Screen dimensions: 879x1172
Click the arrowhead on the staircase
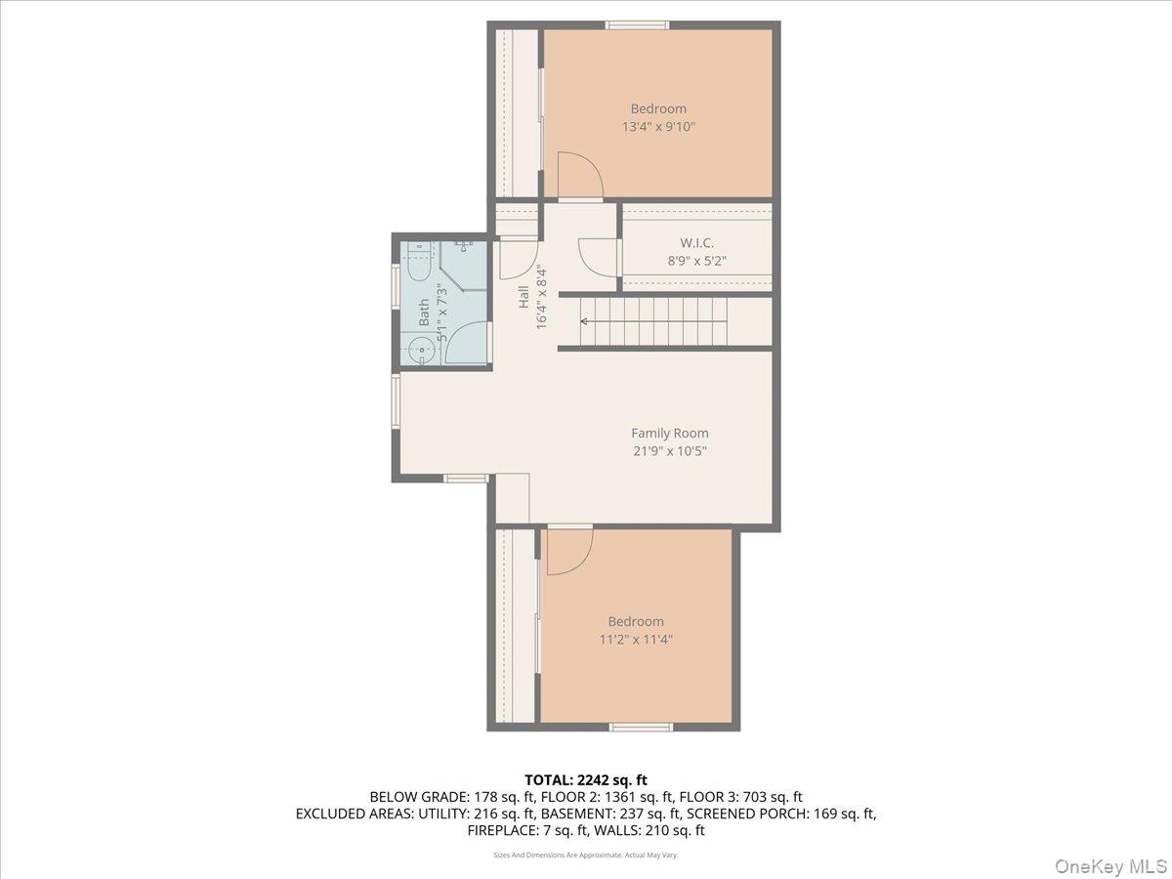pyautogui.click(x=584, y=320)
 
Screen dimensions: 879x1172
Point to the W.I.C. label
pyautogui.click(x=697, y=242)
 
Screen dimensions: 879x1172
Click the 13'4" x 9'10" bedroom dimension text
pyautogui.click(x=658, y=127)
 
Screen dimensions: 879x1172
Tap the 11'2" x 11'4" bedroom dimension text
pyautogui.click(x=636, y=640)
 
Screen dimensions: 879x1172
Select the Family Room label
pyautogui.click(x=669, y=433)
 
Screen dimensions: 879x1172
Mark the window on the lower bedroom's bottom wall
pyautogui.click(x=641, y=727)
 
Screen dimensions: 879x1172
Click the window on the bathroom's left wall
pyautogui.click(x=396, y=287)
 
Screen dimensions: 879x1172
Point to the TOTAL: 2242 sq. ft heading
pyautogui.click(x=586, y=779)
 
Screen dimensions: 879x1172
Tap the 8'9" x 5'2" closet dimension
pyautogui.click(x=697, y=261)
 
